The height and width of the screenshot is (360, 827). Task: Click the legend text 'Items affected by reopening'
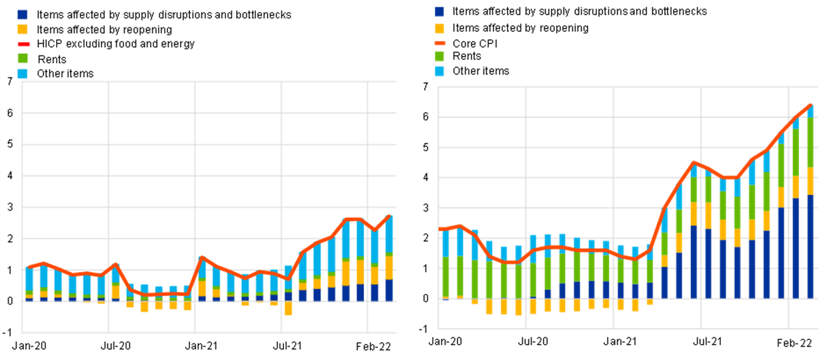click(104, 29)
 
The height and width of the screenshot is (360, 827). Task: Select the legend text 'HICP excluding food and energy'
click(115, 44)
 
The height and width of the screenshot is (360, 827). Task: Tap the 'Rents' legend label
click(51, 59)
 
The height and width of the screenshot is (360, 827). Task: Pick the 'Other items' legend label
click(65, 73)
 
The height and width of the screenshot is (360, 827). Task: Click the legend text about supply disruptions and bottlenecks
click(163, 15)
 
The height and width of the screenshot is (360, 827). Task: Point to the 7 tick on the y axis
click(9, 82)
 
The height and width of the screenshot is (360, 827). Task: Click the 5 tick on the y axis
click(9, 145)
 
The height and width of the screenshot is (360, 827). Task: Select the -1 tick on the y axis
click(8, 332)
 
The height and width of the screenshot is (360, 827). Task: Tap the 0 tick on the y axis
click(9, 301)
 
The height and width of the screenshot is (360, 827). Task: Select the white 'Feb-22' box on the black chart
click(795, 343)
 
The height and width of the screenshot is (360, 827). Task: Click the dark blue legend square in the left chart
click(23, 15)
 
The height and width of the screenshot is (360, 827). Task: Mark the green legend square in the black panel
click(439, 56)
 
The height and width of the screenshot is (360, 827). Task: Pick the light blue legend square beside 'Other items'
click(23, 73)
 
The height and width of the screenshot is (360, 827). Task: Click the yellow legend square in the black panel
click(439, 29)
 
